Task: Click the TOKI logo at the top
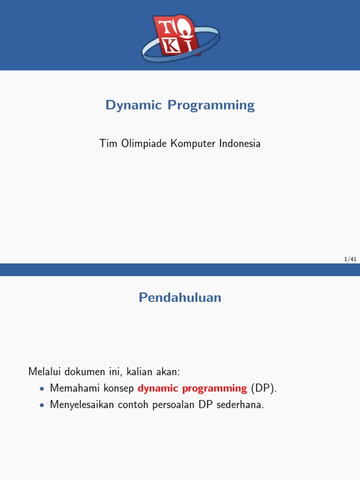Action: tap(180, 35)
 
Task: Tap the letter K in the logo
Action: tap(172, 46)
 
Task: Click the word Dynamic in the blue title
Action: tap(134, 105)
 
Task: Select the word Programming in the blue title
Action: tap(211, 105)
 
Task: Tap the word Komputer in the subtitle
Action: tap(193, 143)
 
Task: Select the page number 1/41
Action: tap(350, 259)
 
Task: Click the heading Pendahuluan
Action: tap(180, 297)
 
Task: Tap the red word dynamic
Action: tap(158, 388)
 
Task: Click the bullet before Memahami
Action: tap(42, 389)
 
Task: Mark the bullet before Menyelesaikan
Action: tap(42, 405)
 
